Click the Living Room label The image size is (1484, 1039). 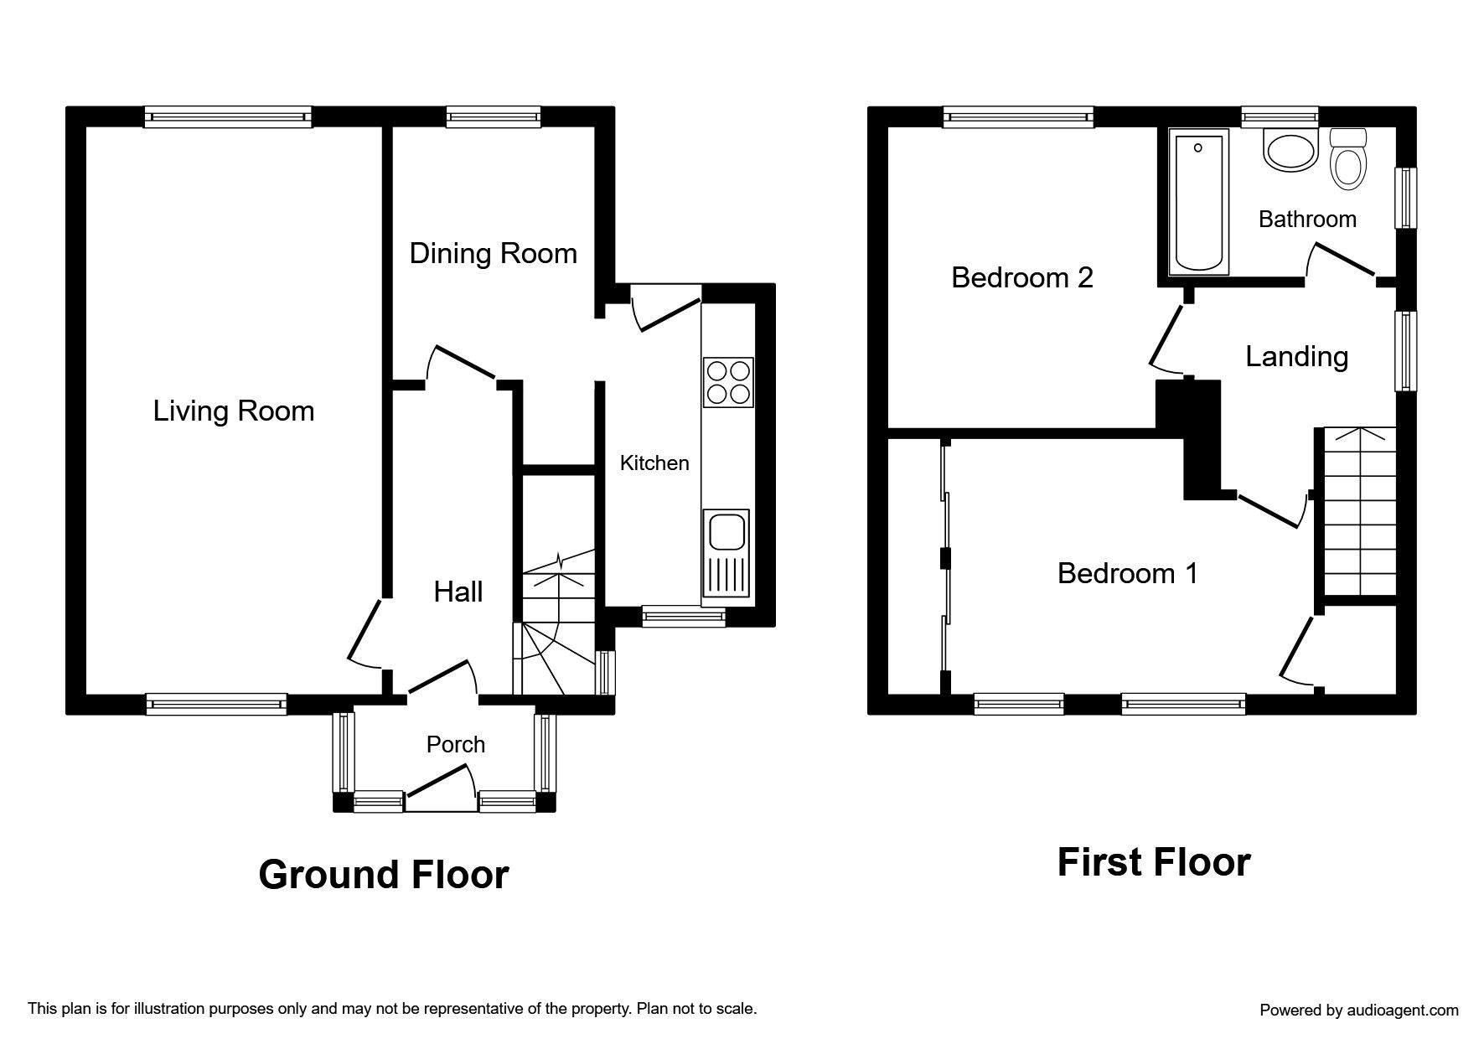[234, 411]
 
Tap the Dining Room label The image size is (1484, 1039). [494, 253]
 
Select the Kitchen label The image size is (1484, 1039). [654, 463]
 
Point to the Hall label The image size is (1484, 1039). [458, 592]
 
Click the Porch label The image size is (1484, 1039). [456, 744]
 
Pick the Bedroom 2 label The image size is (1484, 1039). [1022, 277]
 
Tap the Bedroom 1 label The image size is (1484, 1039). [1128, 573]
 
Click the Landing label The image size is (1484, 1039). [1297, 357]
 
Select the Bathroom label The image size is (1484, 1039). [1308, 220]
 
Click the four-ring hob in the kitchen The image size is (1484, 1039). [728, 382]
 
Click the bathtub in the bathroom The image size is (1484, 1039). [1198, 202]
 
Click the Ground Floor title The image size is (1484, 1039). [384, 875]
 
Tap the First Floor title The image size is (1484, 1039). [1154, 862]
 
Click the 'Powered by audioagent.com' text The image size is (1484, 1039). [1359, 1011]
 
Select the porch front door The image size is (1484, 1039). [441, 793]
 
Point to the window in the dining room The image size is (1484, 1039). [494, 116]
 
